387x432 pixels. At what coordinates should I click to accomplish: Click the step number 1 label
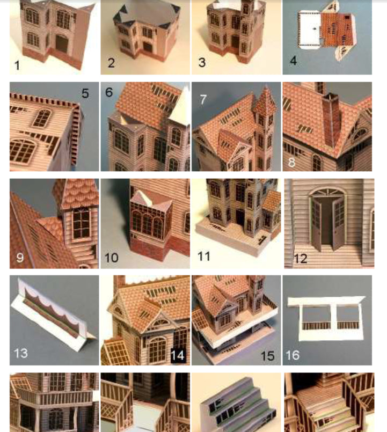[17, 66]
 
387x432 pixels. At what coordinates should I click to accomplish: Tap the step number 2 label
[111, 63]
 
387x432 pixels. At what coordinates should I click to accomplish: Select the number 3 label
[202, 63]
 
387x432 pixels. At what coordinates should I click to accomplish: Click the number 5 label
[85, 93]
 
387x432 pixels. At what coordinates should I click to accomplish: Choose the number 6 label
[109, 92]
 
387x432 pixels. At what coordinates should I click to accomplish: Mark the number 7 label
[202, 99]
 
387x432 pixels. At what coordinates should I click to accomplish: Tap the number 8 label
[292, 161]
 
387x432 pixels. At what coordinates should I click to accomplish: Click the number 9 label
[20, 258]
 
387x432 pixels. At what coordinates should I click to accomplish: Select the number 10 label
[111, 258]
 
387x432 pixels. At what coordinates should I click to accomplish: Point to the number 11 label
[204, 257]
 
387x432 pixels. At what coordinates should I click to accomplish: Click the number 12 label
[300, 259]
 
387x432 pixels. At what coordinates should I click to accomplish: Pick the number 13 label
[20, 353]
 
